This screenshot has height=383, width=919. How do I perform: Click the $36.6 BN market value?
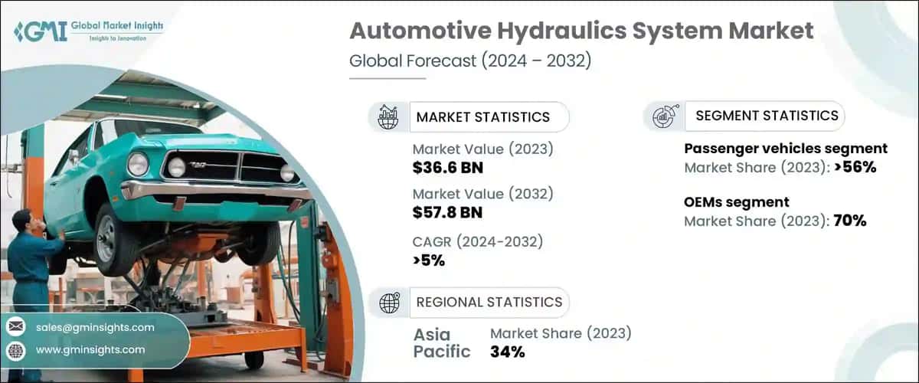click(x=447, y=167)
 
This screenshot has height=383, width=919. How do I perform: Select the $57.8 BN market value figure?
click(x=447, y=211)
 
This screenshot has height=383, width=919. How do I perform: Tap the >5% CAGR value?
click(x=429, y=260)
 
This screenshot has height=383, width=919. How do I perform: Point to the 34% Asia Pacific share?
click(x=507, y=352)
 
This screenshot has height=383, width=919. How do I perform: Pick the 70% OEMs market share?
click(x=849, y=221)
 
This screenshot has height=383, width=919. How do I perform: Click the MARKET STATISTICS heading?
click(x=482, y=117)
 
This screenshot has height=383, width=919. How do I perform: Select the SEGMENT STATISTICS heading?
click(x=767, y=116)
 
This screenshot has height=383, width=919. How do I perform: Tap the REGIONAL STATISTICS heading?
click(x=489, y=302)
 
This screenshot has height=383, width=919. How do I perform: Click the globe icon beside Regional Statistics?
click(x=390, y=303)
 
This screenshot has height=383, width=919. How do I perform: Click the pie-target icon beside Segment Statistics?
click(x=662, y=116)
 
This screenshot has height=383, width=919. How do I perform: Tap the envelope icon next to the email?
click(x=15, y=327)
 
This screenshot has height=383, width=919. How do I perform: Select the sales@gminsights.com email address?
click(x=95, y=327)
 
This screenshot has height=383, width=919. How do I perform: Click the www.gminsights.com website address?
click(x=90, y=349)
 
